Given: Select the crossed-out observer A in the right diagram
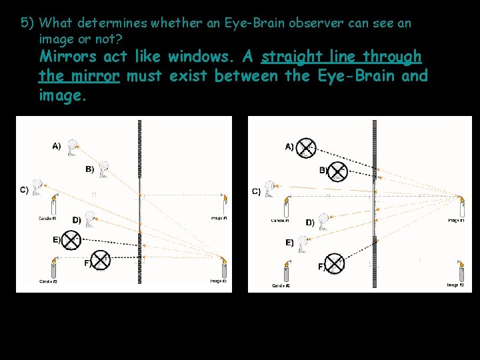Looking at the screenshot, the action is (x=305, y=148).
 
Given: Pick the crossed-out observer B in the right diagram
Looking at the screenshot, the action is (x=338, y=171).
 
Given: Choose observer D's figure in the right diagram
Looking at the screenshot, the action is (x=324, y=221).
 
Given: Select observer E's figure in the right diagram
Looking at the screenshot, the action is (x=303, y=245).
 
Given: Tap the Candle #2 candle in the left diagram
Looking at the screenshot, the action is (x=54, y=269).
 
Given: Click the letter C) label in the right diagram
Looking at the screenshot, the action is (x=256, y=191).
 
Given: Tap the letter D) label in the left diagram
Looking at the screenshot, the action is (x=77, y=219).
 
